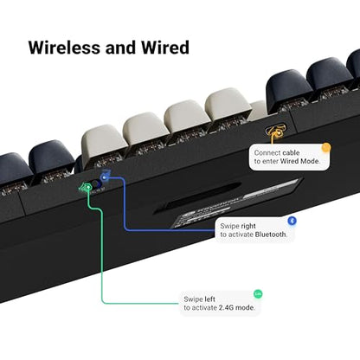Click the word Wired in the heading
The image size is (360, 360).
tap(165, 48)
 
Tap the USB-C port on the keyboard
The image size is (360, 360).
tap(275, 130)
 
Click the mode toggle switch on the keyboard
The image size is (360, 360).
tap(94, 184)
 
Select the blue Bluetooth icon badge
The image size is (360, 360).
tap(292, 221)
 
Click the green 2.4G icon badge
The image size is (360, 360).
tap(258, 294)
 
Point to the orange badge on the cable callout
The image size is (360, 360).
tap(326, 148)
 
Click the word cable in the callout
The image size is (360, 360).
tap(291, 152)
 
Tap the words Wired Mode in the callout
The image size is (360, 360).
tap(299, 161)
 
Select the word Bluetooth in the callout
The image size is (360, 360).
tap(271, 235)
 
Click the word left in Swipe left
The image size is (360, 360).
tap(209, 299)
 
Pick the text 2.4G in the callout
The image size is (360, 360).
tap(226, 308)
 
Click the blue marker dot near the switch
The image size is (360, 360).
tap(105, 177)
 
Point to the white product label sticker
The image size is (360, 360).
tap(236, 203)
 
